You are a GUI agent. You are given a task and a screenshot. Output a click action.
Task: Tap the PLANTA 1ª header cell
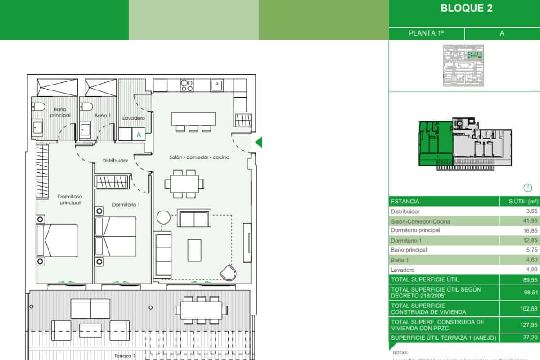[x=426, y=33]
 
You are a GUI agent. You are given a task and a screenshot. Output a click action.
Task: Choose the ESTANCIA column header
[x=405, y=202]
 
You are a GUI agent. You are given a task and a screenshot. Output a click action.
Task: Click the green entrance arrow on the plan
[x=258, y=143]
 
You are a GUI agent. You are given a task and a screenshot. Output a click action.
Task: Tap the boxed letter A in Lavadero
[x=139, y=134]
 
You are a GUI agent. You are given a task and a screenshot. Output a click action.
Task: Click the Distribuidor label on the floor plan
[x=115, y=160]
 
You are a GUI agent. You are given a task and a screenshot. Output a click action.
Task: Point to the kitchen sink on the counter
[x=217, y=85]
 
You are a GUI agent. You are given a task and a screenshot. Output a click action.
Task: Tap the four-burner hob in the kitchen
[x=187, y=85]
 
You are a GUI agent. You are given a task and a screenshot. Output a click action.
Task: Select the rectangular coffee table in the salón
[x=194, y=250]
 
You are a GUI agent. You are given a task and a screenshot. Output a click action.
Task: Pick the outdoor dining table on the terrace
[x=201, y=309]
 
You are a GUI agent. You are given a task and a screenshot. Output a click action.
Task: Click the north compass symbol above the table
[x=528, y=187]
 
